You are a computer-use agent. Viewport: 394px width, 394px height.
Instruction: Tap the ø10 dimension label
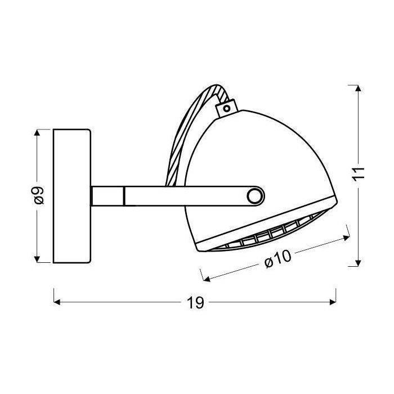tap(276, 258)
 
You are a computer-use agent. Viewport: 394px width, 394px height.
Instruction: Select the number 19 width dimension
tap(195, 303)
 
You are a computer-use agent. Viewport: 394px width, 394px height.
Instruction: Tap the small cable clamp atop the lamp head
tap(227, 106)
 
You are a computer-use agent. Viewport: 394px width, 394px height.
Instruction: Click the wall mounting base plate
tap(71, 195)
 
